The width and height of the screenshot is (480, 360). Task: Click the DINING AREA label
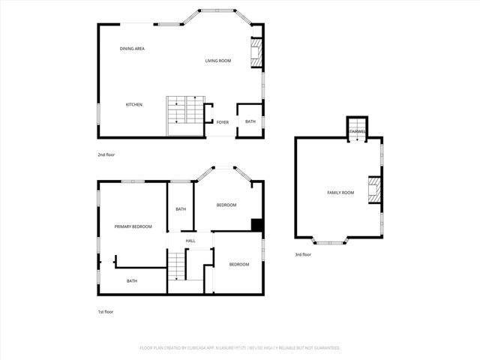tap(132, 49)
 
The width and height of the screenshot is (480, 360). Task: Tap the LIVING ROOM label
tap(217, 61)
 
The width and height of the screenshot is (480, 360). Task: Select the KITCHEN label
tap(133, 104)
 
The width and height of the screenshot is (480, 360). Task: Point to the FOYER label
tap(223, 121)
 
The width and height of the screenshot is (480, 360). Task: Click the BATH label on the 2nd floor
tap(250, 121)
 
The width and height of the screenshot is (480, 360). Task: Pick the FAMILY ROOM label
tap(340, 193)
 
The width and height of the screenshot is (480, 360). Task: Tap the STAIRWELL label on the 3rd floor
tap(358, 133)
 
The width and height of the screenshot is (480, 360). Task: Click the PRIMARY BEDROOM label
tap(133, 226)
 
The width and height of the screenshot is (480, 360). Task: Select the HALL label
tap(190, 241)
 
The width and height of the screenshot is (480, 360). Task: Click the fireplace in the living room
tap(256, 52)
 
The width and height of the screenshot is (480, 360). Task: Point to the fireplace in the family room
tap(373, 190)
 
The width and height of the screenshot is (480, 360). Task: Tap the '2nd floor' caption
tap(106, 154)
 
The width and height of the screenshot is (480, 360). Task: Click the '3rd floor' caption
tap(302, 255)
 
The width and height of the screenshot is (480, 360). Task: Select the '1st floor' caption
tap(105, 311)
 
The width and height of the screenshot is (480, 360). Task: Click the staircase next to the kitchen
tap(184, 110)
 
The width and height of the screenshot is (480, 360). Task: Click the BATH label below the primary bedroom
tap(131, 281)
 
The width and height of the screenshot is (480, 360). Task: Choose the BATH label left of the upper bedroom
tap(181, 209)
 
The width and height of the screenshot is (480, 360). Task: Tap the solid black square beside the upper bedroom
tap(256, 225)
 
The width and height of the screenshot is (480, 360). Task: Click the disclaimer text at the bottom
tap(240, 348)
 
